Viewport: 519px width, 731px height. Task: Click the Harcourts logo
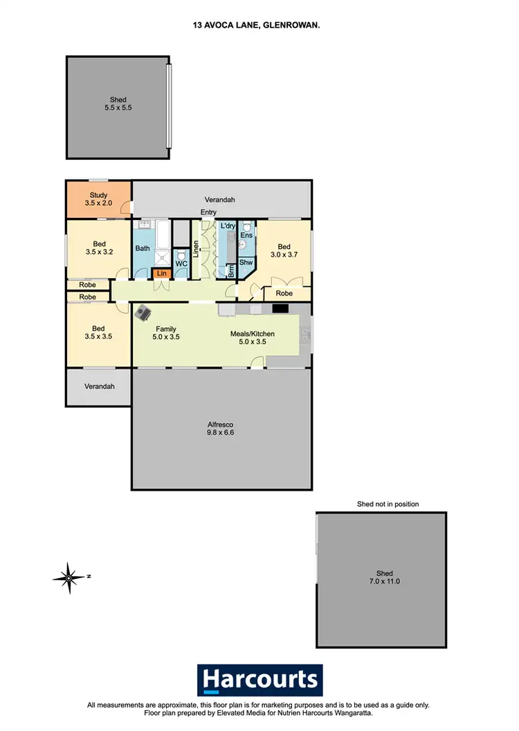click(259, 680)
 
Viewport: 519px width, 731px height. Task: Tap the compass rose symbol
click(69, 576)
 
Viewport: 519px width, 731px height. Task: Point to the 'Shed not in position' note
click(388, 504)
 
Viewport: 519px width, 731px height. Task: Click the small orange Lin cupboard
click(162, 274)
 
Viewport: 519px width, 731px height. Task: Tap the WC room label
click(181, 263)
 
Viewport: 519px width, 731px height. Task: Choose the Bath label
click(143, 248)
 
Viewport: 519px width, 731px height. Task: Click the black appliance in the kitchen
click(280, 310)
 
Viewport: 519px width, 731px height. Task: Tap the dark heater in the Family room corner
click(143, 313)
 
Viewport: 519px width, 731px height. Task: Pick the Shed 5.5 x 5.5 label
click(118, 104)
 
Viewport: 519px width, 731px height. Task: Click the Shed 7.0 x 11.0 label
click(385, 577)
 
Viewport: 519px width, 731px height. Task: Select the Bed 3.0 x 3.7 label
click(284, 251)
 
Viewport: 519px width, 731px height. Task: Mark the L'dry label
click(228, 226)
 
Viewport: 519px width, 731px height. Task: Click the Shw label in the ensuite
click(246, 262)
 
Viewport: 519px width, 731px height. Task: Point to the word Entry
click(208, 212)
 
